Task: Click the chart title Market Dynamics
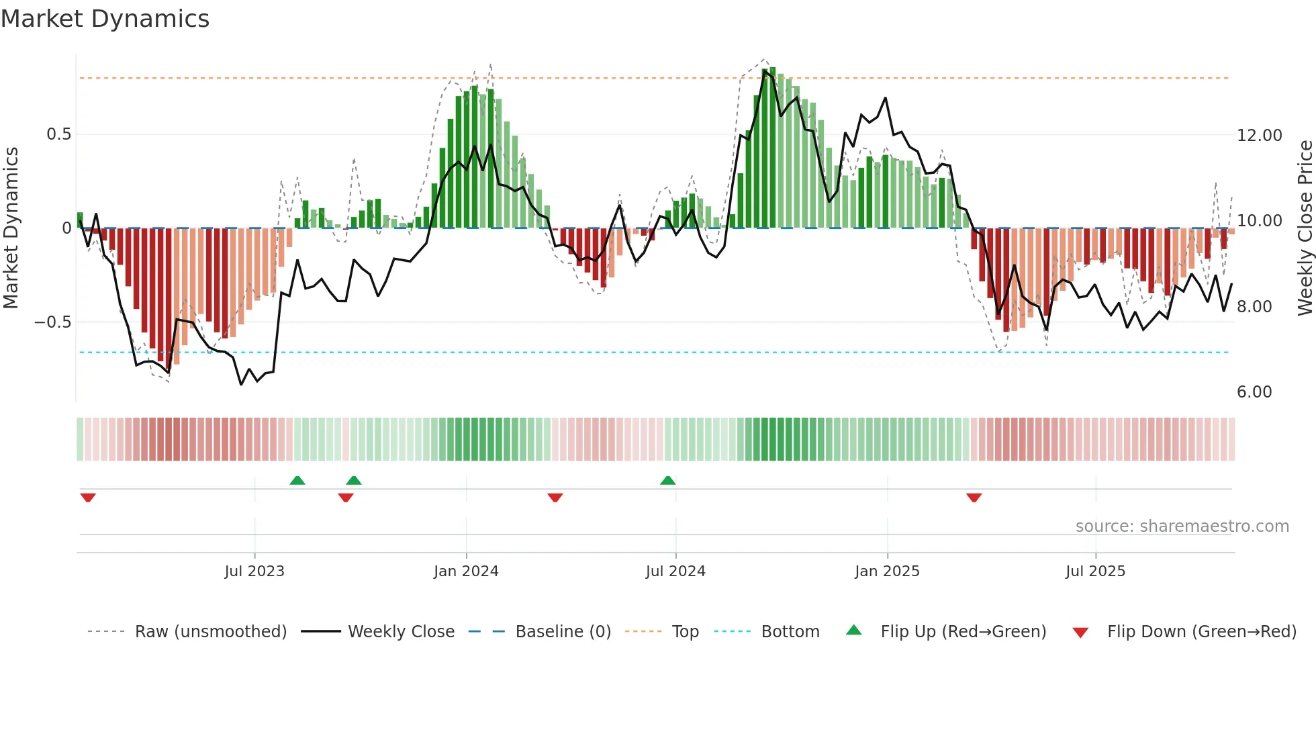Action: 105,19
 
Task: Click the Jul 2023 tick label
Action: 254,571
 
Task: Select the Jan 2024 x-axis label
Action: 466,571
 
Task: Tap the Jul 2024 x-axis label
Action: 675,571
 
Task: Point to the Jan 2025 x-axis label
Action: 887,571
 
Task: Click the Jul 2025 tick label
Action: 1095,571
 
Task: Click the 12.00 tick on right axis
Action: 1259,136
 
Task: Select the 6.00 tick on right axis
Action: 1254,392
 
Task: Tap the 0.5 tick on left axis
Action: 58,134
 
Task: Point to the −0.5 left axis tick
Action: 53,322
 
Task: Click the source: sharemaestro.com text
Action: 1182,526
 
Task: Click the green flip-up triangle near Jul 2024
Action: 667,481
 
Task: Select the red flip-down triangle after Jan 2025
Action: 974,498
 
